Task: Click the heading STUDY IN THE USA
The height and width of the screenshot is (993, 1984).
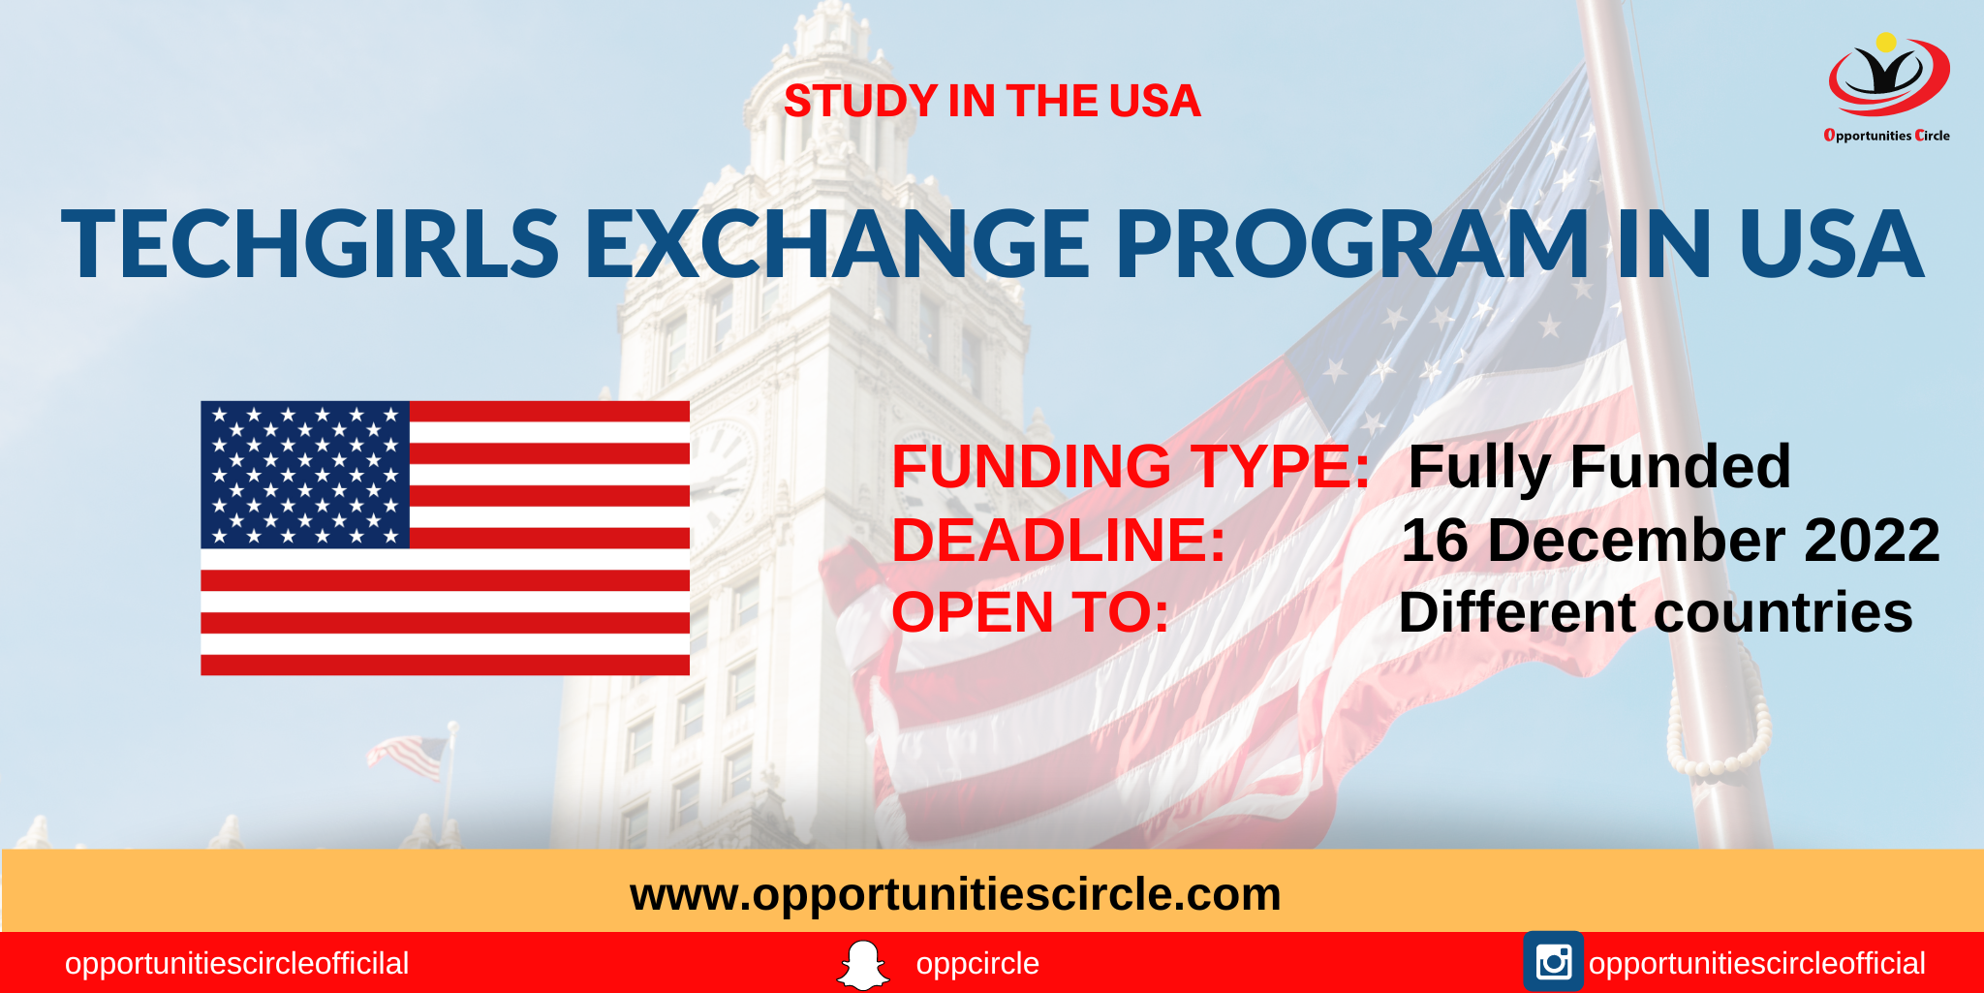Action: pos(991,102)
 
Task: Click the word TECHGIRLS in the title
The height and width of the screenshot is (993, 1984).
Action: pos(310,244)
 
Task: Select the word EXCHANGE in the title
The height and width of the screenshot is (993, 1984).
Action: pos(837,244)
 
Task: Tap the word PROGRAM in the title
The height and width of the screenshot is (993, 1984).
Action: pos(1352,244)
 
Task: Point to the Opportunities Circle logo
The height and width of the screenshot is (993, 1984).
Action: pos(1887,87)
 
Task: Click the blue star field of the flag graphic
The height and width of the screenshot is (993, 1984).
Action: pos(305,475)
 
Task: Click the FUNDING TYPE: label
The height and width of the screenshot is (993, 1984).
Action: pos(1130,467)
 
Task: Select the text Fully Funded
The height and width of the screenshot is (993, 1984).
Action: pos(1598,467)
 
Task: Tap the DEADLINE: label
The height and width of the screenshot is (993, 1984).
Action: pos(1058,541)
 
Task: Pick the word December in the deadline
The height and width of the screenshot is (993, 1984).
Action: pos(1636,541)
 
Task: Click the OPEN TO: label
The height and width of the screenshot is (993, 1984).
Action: pos(1030,613)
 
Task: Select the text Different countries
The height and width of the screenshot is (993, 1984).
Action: pos(1655,613)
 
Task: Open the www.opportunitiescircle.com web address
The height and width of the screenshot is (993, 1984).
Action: pos(955,894)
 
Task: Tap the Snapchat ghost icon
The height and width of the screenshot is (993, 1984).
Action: pos(862,965)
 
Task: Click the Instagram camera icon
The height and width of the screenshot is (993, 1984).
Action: pos(1553,962)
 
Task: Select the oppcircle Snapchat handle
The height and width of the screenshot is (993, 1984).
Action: pos(976,964)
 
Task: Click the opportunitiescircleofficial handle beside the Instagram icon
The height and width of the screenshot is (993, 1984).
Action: pos(1756,964)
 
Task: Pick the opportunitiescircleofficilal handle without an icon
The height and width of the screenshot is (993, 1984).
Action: pos(236,964)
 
